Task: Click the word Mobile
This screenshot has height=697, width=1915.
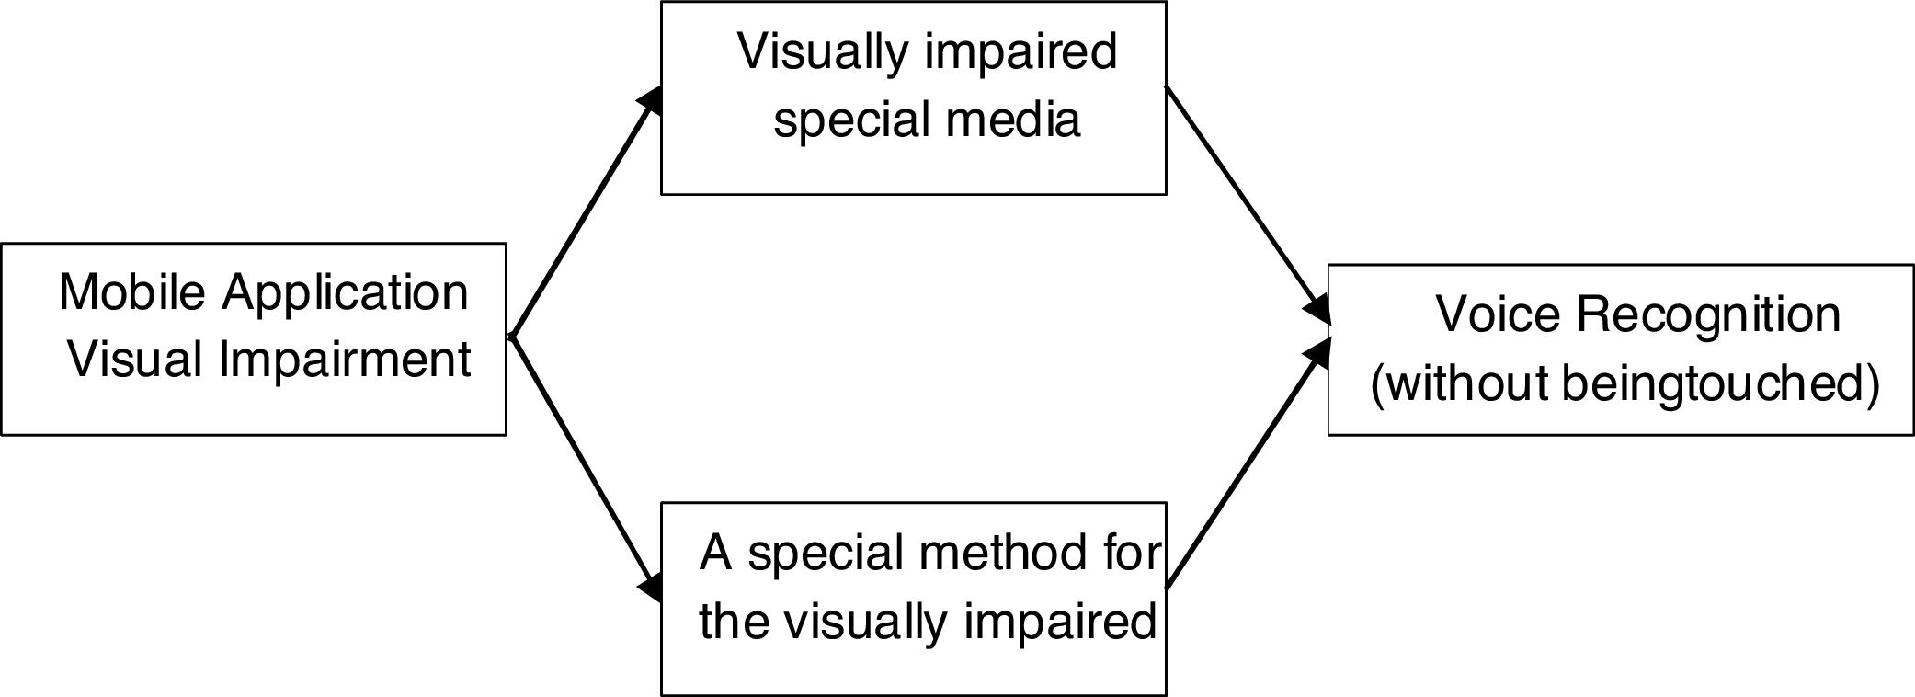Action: coord(131,292)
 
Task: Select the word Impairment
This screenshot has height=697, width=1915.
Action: coord(345,360)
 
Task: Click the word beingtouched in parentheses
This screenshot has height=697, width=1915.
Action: coord(1719,383)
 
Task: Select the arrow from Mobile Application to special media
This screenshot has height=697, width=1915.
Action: coord(585,216)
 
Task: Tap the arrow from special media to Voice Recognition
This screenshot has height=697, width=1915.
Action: coord(1246,202)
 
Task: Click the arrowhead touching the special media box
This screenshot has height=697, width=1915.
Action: coord(652,99)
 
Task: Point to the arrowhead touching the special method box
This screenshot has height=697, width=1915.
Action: coord(652,587)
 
